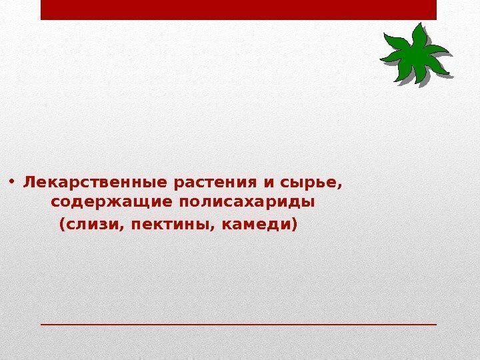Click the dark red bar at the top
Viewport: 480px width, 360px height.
pyautogui.click(x=238, y=10)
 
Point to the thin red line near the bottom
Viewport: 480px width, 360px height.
pyautogui.click(x=238, y=324)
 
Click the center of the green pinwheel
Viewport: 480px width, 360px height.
pyautogui.click(x=415, y=55)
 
